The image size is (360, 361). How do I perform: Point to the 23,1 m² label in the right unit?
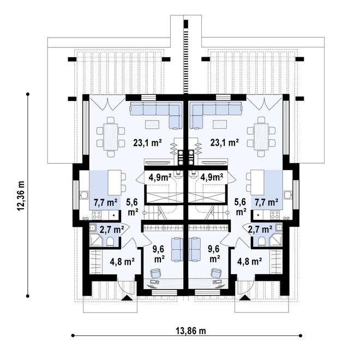(x=225, y=143)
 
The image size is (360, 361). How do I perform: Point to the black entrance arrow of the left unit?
(x=128, y=297)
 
